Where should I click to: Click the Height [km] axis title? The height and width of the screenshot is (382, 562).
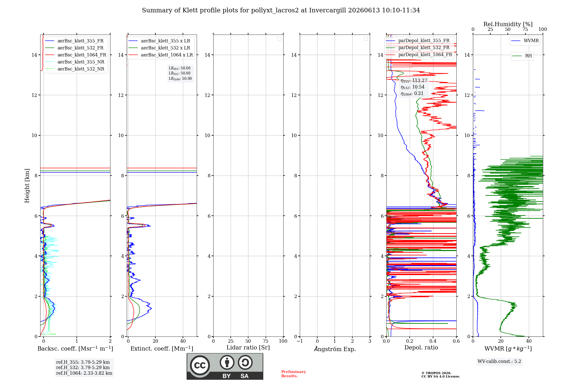(x=27, y=186)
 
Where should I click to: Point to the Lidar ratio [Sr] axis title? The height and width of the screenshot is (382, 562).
(x=248, y=348)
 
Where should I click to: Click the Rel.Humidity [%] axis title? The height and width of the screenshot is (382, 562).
(x=508, y=24)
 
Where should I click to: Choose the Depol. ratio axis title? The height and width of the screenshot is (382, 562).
(x=421, y=348)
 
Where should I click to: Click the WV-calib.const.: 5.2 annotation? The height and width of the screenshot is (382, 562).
(x=499, y=361)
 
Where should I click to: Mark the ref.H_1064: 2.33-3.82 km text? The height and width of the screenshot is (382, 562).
(x=84, y=373)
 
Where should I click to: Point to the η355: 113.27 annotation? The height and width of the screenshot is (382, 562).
(x=414, y=81)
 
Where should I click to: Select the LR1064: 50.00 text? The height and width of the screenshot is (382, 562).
(x=180, y=79)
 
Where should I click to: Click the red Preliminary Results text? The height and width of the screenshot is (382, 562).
(x=294, y=374)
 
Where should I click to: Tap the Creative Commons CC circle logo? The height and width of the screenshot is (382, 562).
(x=200, y=365)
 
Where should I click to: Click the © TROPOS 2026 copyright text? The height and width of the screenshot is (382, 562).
(x=436, y=373)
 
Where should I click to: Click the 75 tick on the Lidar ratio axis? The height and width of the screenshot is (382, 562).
(x=266, y=341)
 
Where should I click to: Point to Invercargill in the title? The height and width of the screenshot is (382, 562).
(x=328, y=10)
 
